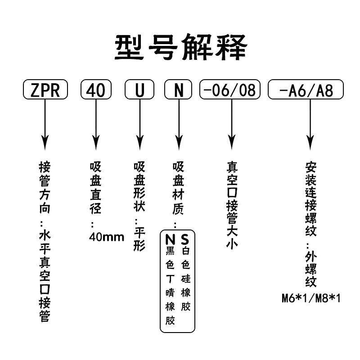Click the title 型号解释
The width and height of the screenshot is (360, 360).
point(180,47)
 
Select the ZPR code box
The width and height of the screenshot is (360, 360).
point(45,90)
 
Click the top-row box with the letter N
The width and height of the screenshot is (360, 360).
point(180,90)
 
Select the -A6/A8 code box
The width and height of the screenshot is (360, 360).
point(306,90)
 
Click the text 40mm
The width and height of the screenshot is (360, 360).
point(106,237)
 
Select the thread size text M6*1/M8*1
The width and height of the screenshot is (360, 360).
point(311,298)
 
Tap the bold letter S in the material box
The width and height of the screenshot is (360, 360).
point(185,238)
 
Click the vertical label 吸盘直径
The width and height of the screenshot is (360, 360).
point(95,188)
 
